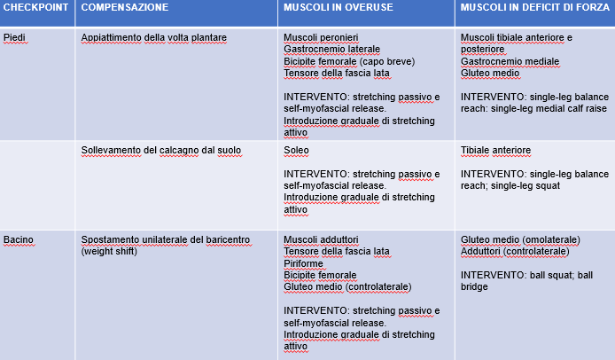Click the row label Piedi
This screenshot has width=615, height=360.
point(15,38)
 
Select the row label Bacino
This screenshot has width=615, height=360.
point(19,239)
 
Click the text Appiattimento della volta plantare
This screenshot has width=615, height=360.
point(153,38)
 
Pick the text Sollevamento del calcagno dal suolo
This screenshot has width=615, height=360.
point(160,151)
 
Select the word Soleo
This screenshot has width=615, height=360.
point(296,151)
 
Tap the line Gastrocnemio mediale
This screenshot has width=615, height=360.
point(510,61)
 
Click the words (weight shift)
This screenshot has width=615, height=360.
point(111,252)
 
